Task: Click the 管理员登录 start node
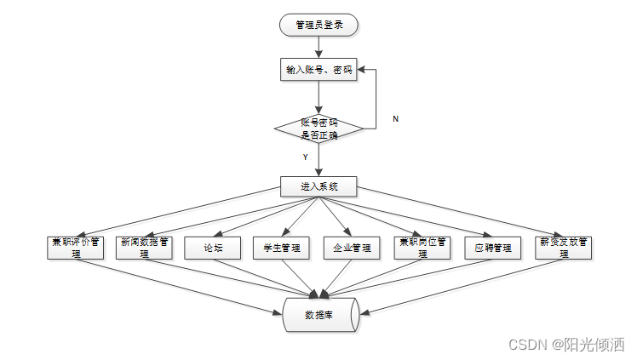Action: [x=318, y=26]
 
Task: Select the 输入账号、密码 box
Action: [x=318, y=70]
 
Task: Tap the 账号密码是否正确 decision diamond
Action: [x=318, y=129]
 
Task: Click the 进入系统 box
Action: [x=318, y=186]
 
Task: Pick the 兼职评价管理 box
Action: [x=76, y=248]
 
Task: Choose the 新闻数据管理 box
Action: [x=146, y=248]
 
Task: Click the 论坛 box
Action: [x=213, y=248]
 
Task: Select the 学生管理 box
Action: [x=282, y=248]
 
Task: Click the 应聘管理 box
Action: [x=493, y=248]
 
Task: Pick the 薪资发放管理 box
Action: [x=565, y=248]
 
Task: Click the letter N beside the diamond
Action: [x=395, y=119]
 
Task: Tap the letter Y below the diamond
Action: [x=304, y=157]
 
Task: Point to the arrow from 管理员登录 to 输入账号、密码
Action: [x=318, y=48]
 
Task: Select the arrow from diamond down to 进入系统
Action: [x=318, y=162]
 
